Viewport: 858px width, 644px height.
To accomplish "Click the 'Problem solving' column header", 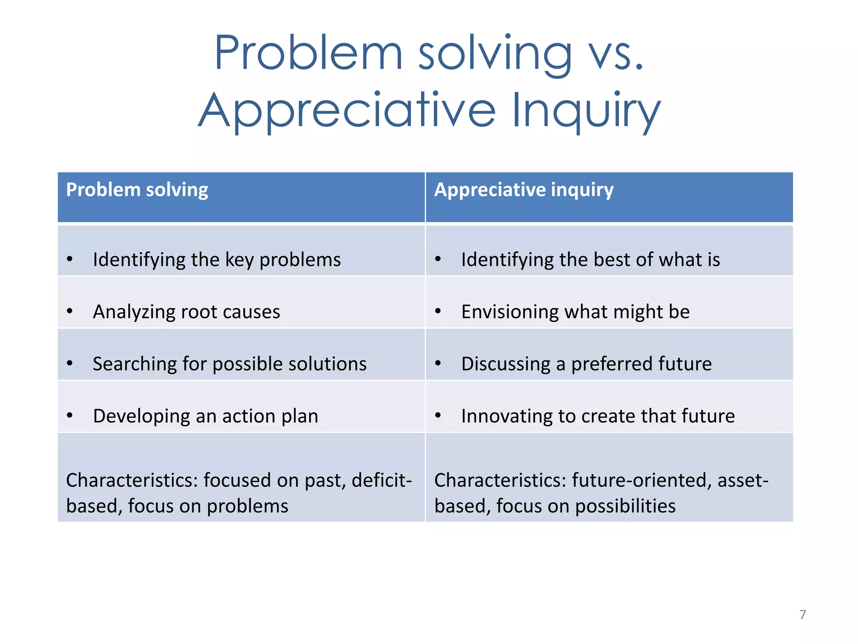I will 137,190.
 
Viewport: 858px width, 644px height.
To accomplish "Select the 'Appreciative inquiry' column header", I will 524,190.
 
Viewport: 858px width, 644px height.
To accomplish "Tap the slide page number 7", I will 802,615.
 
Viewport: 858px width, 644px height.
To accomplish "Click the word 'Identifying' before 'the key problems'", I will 139,260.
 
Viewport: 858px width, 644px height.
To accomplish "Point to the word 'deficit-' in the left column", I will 382,480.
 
